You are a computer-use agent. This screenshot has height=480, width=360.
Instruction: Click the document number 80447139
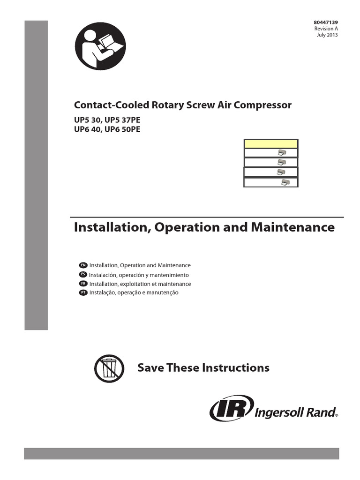pos(326,22)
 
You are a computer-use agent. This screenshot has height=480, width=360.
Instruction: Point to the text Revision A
pos(326,29)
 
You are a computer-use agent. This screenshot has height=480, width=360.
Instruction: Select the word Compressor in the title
pos(263,105)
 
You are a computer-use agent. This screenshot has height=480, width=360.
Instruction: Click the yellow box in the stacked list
pos(270,143)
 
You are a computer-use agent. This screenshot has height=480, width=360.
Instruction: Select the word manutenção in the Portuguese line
pos(163,293)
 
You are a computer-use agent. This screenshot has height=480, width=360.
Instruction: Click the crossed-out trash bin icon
pos(109,368)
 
